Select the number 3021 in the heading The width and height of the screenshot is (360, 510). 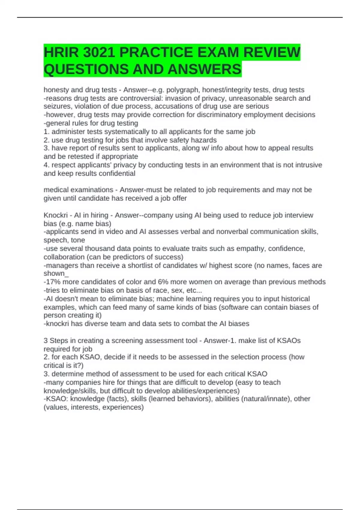click(99, 52)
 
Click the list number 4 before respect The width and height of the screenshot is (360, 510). click(46, 165)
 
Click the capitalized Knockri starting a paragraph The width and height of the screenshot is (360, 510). click(55, 215)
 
